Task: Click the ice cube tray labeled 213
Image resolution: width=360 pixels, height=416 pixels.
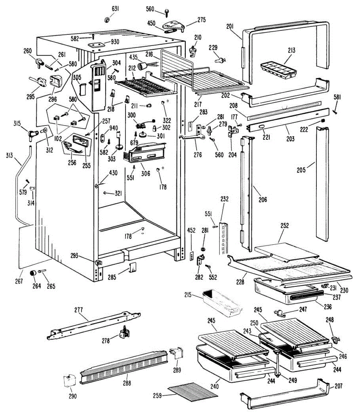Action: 279,70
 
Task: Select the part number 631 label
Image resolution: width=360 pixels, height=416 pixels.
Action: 115,9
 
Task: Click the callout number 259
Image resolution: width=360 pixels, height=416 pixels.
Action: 157,396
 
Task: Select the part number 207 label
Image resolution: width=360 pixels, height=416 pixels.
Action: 339,386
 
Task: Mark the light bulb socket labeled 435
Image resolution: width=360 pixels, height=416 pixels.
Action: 142,66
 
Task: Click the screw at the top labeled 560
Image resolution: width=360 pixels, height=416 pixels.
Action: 167,12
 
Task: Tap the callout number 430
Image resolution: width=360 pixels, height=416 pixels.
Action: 113,173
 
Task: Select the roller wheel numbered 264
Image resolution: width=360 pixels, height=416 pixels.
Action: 33,273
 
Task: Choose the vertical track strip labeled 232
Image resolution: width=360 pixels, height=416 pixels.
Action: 223,239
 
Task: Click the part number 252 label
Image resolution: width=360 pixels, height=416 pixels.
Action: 284,226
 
